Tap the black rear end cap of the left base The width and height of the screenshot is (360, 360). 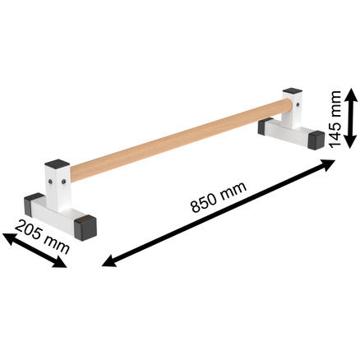tap(35, 201)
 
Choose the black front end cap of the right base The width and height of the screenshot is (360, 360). tap(313, 141)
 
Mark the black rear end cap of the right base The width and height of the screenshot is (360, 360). tap(267, 126)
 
